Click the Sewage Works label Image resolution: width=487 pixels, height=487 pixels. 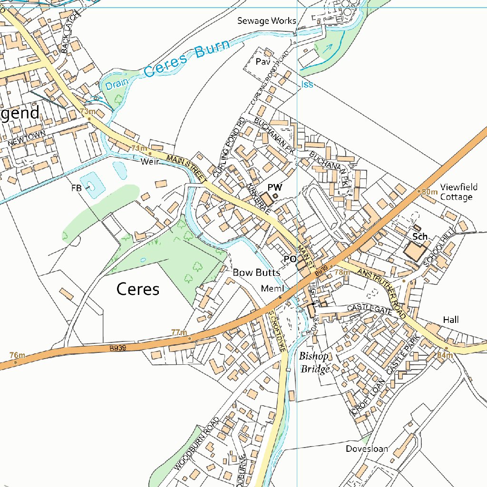click(267, 21)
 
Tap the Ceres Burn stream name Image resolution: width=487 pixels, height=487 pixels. click(186, 59)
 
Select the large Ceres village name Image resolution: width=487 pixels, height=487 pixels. click(137, 289)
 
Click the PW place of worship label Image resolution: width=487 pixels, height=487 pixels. click(274, 187)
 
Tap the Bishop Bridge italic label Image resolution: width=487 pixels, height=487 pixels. click(314, 362)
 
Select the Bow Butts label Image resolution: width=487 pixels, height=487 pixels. click(256, 273)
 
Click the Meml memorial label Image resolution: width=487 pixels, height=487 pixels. click(272, 289)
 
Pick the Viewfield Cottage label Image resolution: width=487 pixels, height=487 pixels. click(456, 192)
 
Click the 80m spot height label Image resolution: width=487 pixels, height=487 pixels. click(430, 192)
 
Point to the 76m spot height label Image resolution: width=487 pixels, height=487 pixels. click(17, 355)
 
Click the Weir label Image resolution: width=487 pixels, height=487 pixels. click(149, 162)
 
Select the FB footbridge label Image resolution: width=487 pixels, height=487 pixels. click(77, 188)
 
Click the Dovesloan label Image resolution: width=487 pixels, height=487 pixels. click(367, 448)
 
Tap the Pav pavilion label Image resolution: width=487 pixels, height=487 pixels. click(263, 62)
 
